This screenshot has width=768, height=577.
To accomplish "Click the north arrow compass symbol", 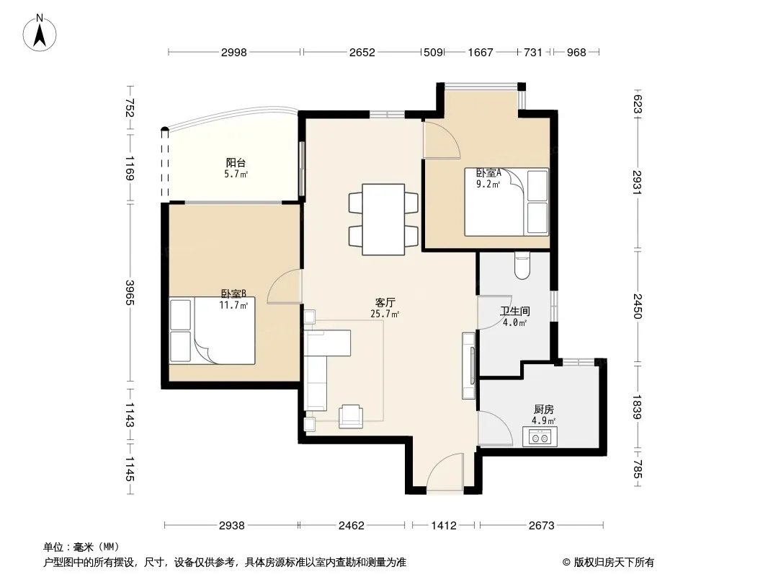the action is tap(40, 32).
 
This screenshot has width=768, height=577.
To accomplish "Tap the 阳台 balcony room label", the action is tap(236, 162).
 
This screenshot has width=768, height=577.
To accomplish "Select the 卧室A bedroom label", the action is tap(488, 172).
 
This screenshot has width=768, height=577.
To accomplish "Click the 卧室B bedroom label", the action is tap(233, 294).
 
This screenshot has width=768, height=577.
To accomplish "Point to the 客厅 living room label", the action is tap(385, 302).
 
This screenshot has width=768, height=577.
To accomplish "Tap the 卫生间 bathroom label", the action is tap(515, 312).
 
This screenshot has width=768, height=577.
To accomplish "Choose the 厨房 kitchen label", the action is tap(544, 410).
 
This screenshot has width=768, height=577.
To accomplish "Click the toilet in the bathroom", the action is tap(522, 265).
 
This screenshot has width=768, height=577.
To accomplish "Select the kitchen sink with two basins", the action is tap(540, 437).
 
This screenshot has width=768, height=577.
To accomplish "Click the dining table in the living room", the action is tap(383, 219).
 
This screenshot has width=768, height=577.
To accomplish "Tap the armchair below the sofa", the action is tap(351, 416).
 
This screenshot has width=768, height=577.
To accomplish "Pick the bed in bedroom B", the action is tap(212, 330).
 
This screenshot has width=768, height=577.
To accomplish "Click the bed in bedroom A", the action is tap(506, 202).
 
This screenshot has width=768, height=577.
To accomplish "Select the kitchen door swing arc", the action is tap(496, 427).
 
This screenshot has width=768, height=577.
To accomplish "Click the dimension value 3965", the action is tap(130, 293).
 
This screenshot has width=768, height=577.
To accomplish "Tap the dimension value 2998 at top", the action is tap(233, 53).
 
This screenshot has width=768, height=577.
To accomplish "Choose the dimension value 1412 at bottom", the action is tap(444, 526).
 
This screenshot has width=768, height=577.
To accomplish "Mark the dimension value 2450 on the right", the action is tap(637, 306).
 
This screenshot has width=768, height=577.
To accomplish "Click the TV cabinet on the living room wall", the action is tap(469, 366).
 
